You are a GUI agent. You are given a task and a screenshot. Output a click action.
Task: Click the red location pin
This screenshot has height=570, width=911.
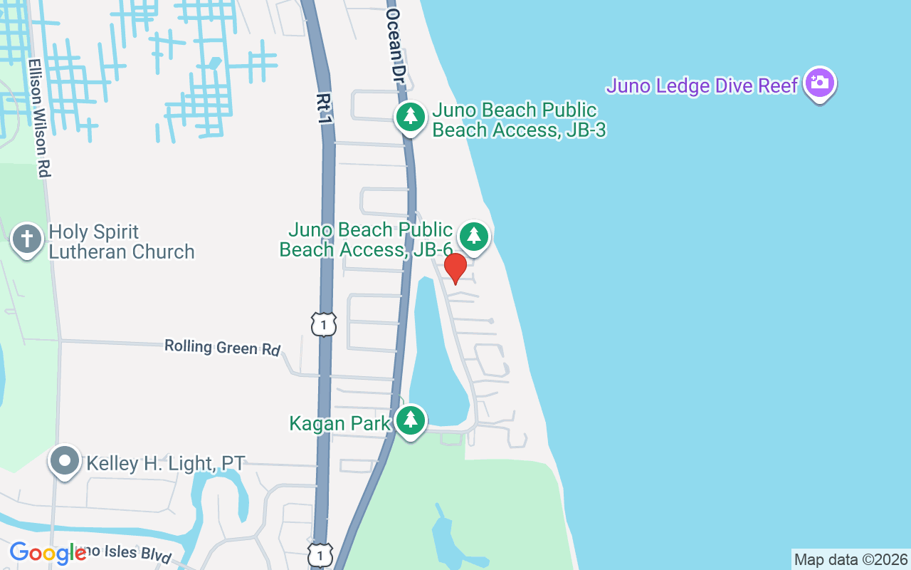455,268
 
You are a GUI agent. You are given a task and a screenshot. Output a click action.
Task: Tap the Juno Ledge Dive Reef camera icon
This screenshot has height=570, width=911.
819,83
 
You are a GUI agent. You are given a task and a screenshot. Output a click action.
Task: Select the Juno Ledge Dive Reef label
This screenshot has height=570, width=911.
702,86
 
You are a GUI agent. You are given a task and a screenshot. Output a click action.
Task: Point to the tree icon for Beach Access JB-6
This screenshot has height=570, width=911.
474,236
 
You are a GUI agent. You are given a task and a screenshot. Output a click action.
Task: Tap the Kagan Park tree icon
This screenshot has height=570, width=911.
411,420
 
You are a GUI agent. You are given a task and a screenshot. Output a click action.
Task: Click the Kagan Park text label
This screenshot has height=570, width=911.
339,424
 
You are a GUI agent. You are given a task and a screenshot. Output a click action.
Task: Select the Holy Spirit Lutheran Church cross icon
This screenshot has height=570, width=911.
27,239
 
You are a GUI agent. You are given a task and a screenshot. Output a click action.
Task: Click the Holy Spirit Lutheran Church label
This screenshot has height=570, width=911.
121,242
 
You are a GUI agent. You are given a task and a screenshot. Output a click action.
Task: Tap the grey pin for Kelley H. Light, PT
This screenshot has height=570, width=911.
65,460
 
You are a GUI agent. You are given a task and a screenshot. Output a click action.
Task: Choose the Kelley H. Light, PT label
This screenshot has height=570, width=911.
165,464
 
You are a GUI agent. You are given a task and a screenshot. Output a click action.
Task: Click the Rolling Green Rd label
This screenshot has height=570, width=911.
223,347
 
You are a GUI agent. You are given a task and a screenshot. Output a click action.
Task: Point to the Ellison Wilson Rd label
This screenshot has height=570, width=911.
39,118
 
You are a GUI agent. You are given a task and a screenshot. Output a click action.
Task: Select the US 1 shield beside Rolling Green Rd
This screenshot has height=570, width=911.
323,324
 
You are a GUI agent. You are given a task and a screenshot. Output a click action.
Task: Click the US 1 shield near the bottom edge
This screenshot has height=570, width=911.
320,554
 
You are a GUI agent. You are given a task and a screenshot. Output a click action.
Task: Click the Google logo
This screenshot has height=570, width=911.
48,553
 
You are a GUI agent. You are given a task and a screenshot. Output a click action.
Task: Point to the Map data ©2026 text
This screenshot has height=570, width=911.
851,559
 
